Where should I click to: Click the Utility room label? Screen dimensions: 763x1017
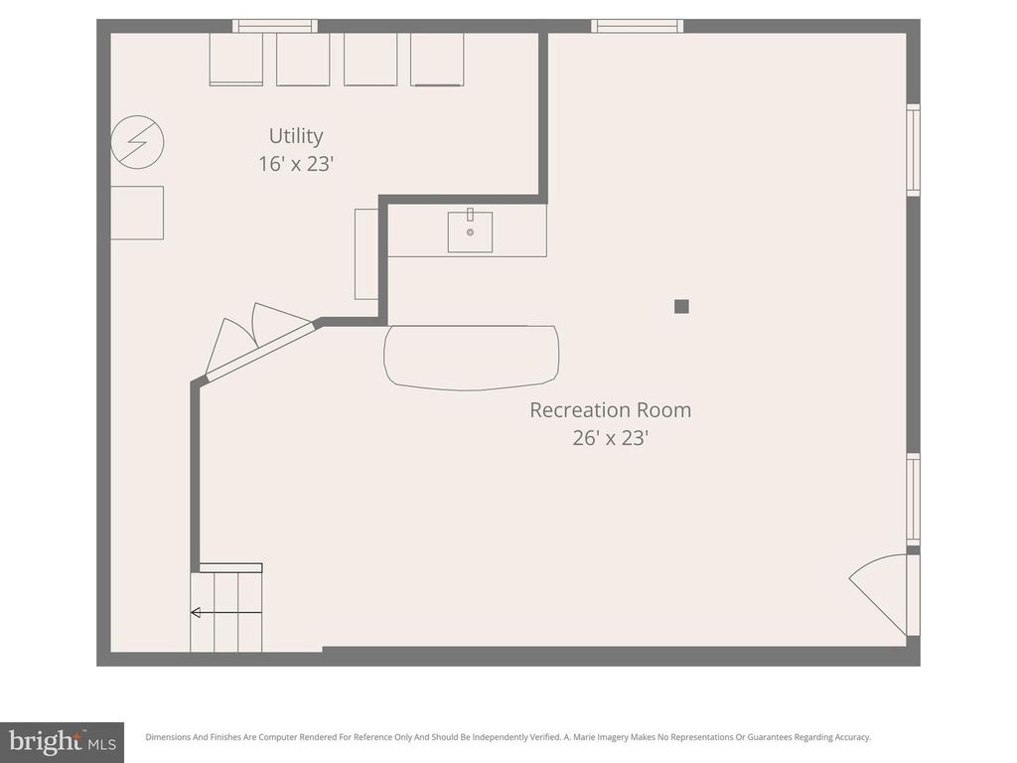click(296, 136)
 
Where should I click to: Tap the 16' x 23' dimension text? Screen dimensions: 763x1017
click(296, 164)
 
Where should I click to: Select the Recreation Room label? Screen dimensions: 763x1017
click(610, 409)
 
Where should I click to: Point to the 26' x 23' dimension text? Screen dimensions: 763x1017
click(610, 437)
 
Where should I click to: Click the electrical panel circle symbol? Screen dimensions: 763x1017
click(137, 142)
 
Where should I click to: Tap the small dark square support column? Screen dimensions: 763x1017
click(681, 306)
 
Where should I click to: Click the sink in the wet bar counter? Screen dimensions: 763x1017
click(470, 231)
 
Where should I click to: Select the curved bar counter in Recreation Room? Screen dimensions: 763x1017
click(471, 357)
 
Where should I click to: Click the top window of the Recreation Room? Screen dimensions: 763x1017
click(637, 26)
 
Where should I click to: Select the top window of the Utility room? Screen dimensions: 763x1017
click(275, 26)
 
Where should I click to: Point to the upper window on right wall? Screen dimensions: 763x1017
click(913, 150)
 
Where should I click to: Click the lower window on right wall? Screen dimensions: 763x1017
click(913, 499)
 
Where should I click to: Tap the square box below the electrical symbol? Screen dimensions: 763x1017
click(137, 213)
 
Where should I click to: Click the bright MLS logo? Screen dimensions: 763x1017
click(62, 740)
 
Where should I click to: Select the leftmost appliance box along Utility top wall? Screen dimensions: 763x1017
click(236, 60)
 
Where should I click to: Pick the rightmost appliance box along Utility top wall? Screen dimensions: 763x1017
click(437, 60)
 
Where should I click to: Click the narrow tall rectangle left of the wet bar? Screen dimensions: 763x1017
click(366, 253)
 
